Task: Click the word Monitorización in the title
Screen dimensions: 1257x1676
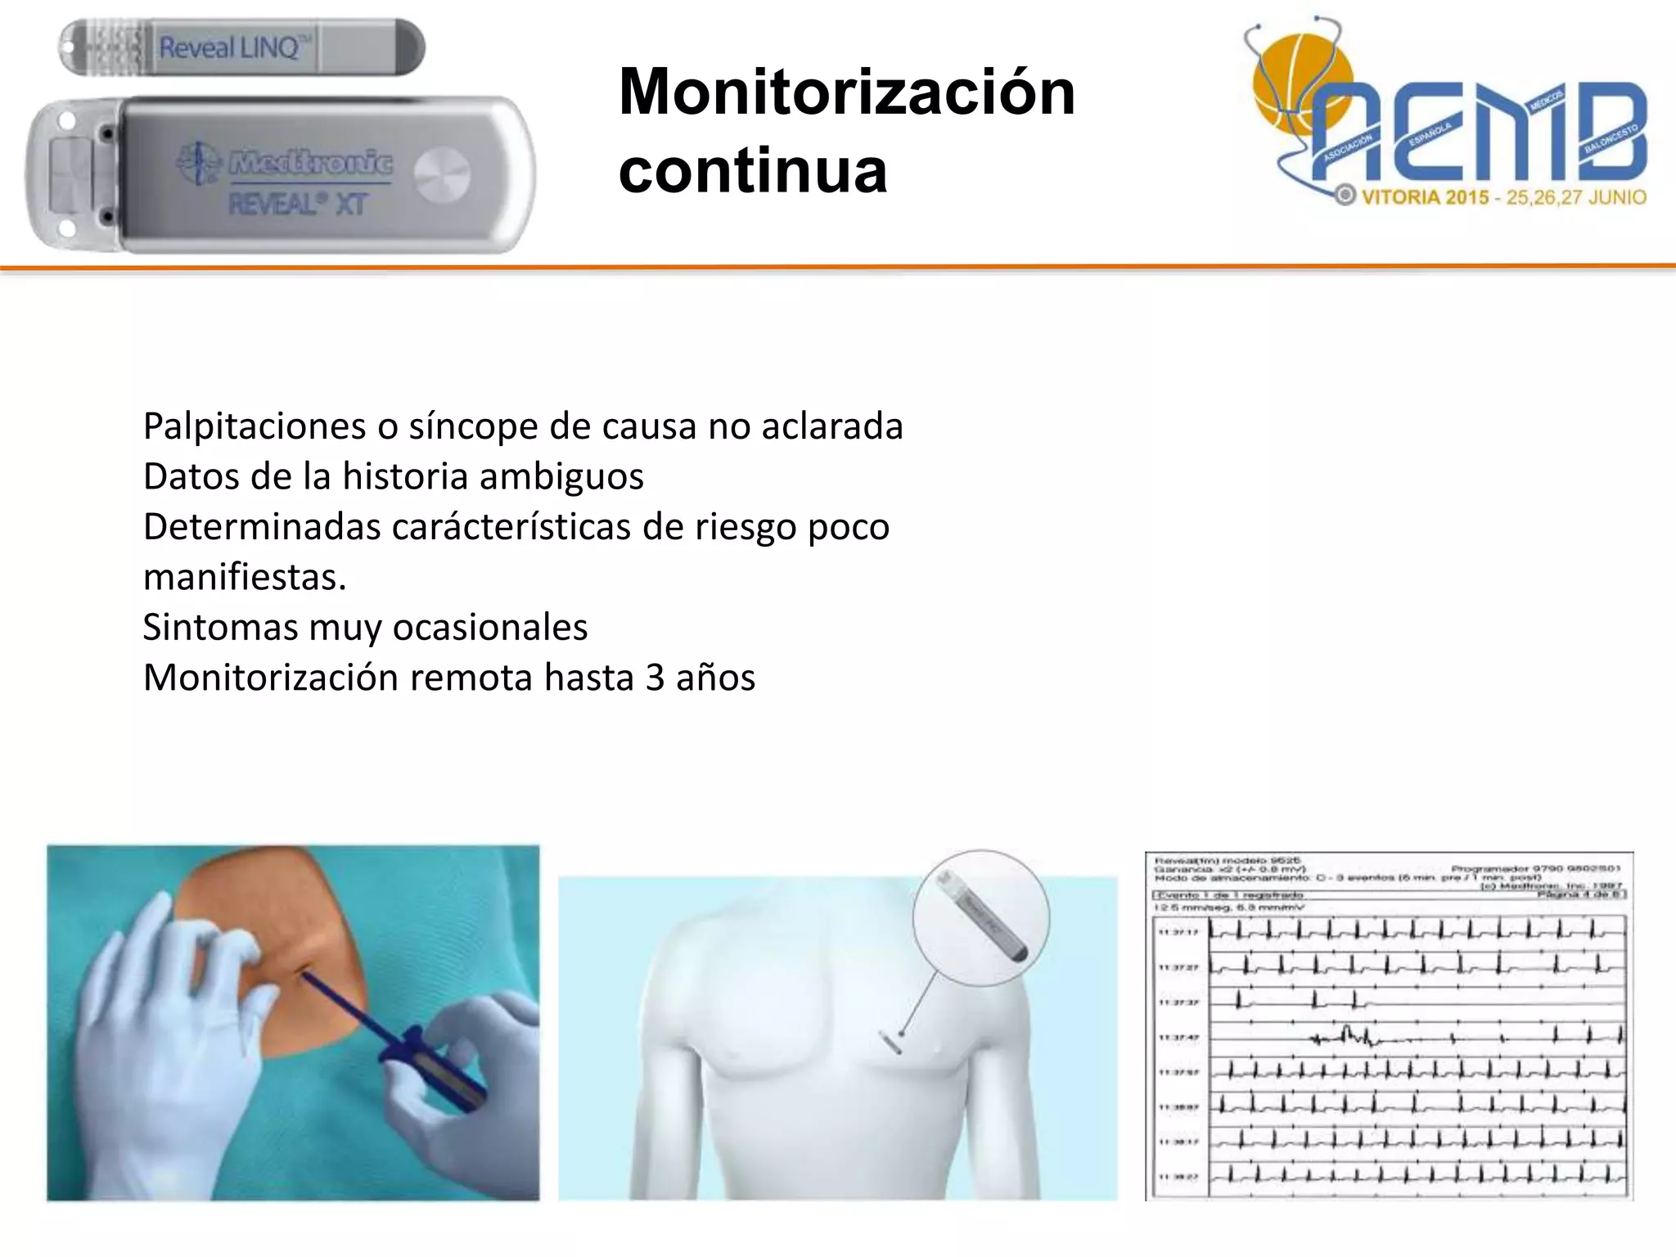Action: pos(846,92)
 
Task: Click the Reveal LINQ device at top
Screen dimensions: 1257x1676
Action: pos(241,47)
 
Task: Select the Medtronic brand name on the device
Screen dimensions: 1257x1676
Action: pos(311,162)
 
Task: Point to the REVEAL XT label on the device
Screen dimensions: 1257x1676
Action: pos(297,204)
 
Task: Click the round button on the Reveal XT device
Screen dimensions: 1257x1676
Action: pos(442,175)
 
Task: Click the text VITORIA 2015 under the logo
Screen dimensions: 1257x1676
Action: pos(1424,197)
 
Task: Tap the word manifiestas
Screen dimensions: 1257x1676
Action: pos(244,578)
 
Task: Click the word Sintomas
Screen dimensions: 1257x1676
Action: pos(220,628)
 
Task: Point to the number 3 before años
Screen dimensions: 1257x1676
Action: pos(655,678)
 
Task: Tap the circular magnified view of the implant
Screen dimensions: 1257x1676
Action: pos(980,917)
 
